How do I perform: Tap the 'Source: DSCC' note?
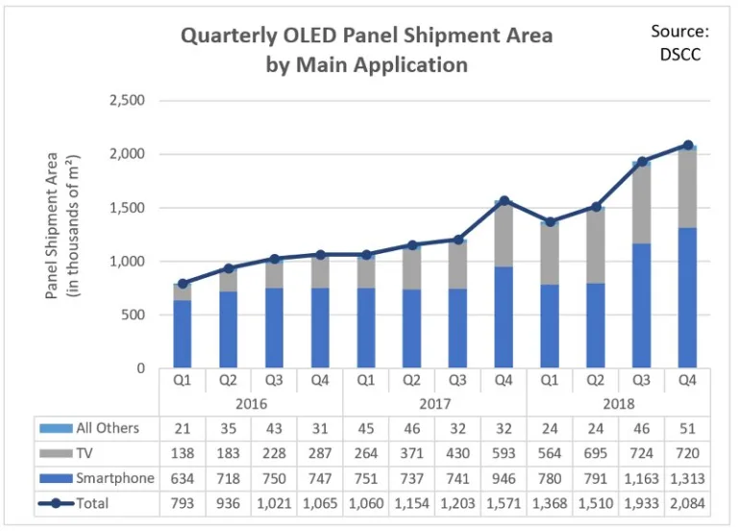coord(679,42)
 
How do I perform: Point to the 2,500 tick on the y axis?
coord(125,100)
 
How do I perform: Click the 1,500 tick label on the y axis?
coord(125,208)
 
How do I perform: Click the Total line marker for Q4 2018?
coord(687,145)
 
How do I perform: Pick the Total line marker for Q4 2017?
coord(504,201)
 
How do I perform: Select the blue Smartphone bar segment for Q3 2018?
coord(641,306)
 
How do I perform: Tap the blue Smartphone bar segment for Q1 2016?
coord(182,334)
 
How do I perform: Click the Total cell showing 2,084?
coord(687,502)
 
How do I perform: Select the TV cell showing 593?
coord(504,452)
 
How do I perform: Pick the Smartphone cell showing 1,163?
coord(641,477)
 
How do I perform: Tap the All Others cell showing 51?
coord(687,427)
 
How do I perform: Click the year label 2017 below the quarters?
coord(435,403)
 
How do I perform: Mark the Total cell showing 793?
coord(182,502)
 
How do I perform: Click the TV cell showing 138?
coord(182,452)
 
